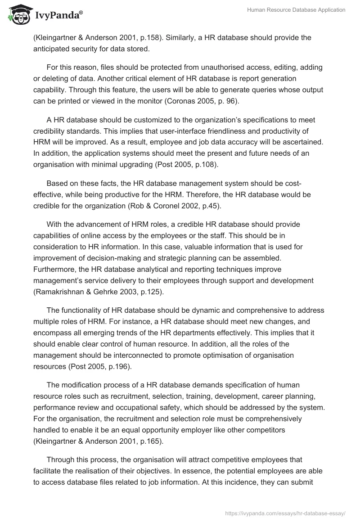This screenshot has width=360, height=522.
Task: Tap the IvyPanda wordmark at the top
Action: point(58,17)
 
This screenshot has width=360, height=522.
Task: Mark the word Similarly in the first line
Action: point(181,37)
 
